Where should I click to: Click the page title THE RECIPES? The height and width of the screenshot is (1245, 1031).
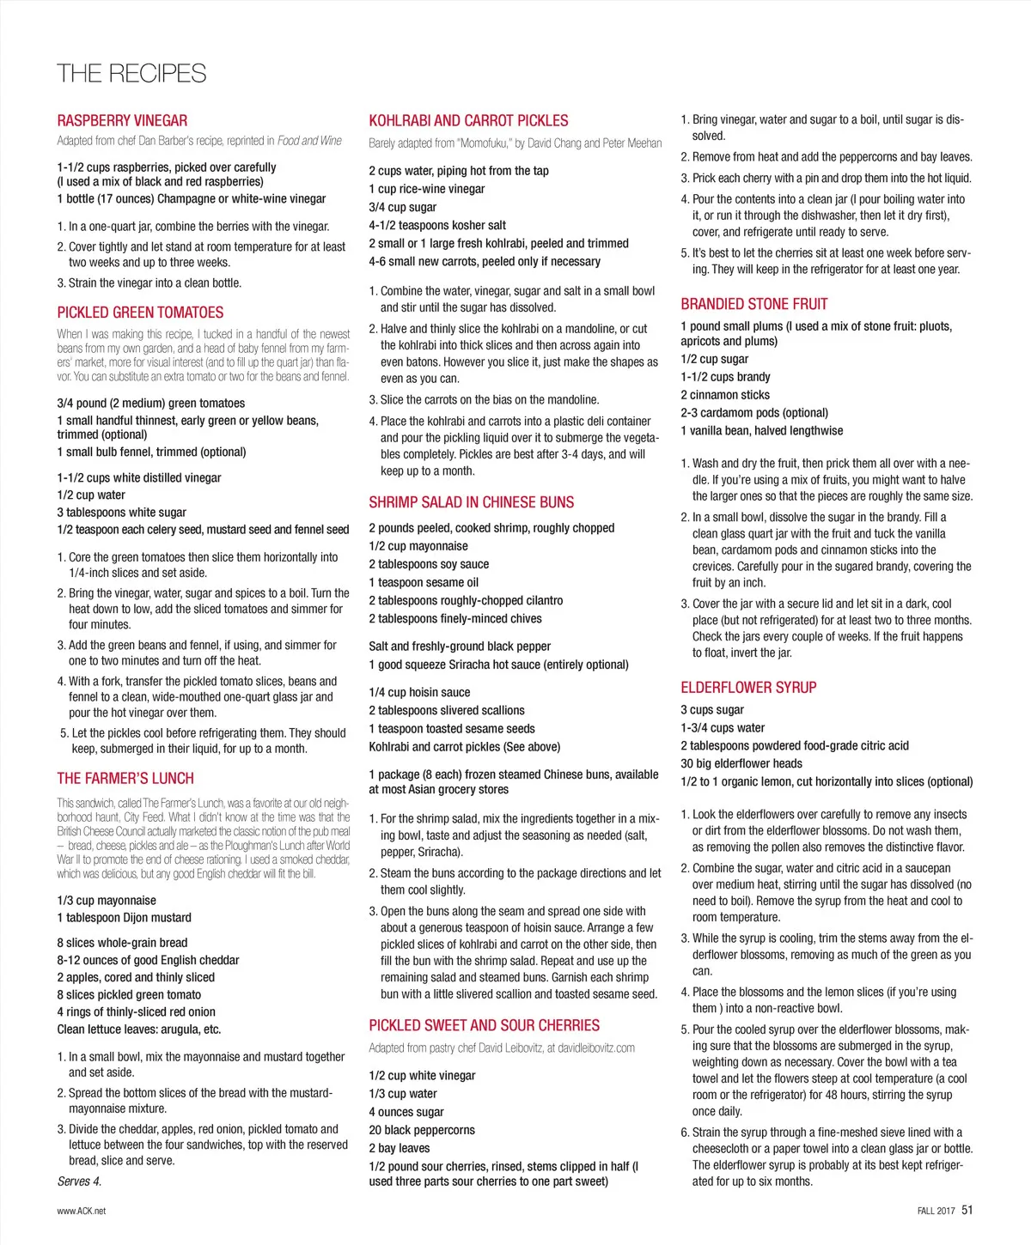(131, 74)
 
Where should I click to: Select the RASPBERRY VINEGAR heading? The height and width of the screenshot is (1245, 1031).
(122, 121)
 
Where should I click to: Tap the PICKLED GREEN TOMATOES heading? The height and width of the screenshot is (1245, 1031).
(140, 313)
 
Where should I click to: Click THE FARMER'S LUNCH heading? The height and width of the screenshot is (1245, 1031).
(125, 779)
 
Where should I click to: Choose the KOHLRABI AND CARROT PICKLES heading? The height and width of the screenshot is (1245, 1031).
(468, 121)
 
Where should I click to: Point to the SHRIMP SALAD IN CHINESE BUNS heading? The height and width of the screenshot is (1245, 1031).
(471, 502)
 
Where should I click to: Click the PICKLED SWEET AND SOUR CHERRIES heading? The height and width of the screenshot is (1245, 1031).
(484, 1025)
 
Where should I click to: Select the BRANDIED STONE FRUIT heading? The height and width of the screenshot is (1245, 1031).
(753, 304)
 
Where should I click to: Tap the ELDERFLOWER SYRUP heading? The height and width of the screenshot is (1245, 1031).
(747, 688)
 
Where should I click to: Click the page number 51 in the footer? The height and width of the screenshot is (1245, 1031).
(967, 1210)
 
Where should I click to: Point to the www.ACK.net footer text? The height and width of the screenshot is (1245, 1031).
(82, 1211)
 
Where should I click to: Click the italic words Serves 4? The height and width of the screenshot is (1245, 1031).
(79, 1181)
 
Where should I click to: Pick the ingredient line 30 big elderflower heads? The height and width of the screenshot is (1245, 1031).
(741, 763)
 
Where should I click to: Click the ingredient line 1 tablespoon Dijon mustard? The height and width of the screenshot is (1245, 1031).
(124, 917)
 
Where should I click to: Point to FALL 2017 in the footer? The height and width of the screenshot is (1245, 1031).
(936, 1211)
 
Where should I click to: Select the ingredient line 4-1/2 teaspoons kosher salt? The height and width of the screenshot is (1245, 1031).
(437, 225)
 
